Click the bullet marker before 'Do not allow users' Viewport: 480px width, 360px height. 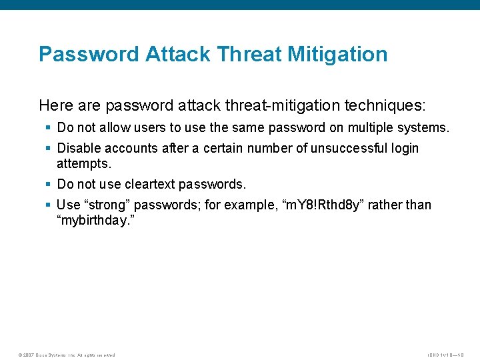pos(49,127)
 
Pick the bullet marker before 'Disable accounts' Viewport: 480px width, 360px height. pos(49,148)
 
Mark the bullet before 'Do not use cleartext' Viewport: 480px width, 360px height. pos(49,184)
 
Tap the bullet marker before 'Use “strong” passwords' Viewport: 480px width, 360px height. pos(49,205)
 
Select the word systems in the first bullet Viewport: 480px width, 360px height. pos(425,127)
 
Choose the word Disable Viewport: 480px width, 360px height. pos(79,148)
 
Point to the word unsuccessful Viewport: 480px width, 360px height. pos(347,148)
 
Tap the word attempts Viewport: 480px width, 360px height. pos(83,163)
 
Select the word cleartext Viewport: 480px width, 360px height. pos(153,184)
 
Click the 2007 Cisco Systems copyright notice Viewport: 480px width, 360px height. pos(67,355)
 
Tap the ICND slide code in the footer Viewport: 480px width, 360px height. pos(445,355)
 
